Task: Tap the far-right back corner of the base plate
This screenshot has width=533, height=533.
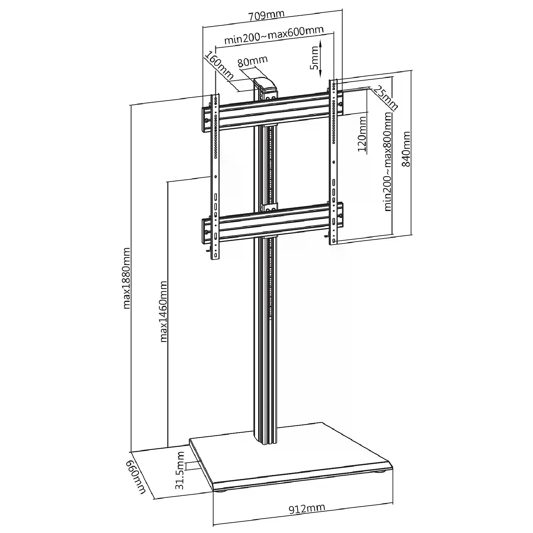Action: click(321, 423)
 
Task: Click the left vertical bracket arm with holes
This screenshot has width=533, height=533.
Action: click(215, 177)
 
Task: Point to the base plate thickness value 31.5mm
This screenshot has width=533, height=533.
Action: click(180, 470)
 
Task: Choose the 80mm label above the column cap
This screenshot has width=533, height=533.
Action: click(253, 61)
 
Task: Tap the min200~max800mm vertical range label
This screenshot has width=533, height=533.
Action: click(387, 162)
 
